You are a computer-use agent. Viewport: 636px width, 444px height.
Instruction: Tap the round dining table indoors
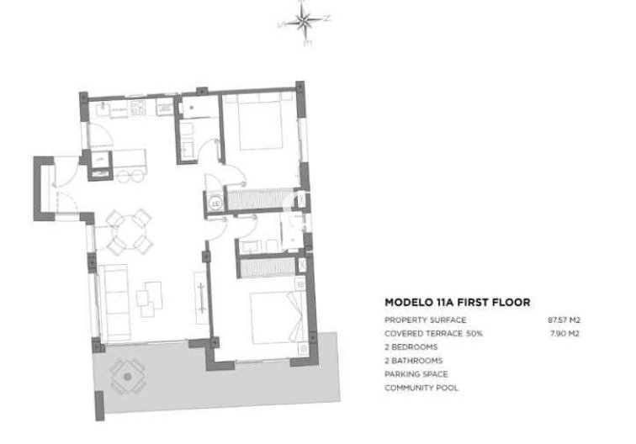[x=130, y=231]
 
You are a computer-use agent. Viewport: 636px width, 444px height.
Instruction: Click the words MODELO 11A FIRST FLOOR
[x=456, y=301]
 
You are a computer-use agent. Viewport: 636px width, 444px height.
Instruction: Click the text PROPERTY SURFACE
[x=425, y=320]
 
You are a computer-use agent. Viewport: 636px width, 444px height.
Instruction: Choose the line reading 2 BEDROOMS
[x=411, y=347]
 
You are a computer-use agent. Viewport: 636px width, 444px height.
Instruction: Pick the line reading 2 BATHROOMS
[x=413, y=361]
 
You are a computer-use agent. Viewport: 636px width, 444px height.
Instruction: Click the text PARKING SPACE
[x=416, y=374]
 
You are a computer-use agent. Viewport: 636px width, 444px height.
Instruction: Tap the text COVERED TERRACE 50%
[x=434, y=334]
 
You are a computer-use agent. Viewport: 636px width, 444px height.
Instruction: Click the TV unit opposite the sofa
[x=201, y=294]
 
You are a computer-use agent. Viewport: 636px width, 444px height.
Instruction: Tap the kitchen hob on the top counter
[x=139, y=107]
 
